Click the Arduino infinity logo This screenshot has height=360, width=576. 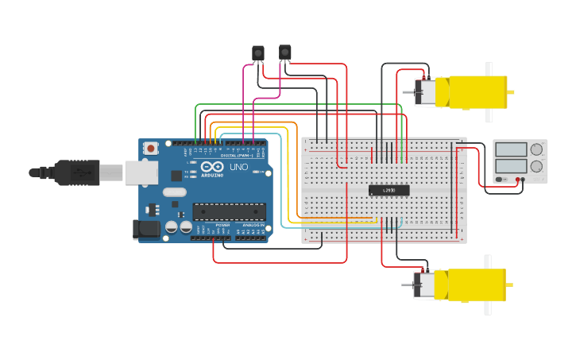[x=211, y=168]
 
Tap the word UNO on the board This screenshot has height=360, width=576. [x=238, y=168]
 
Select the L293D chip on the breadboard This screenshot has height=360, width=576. [x=389, y=190]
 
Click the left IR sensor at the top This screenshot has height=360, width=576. [x=257, y=53]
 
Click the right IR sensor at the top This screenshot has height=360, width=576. [x=284, y=52]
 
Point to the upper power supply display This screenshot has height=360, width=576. [x=512, y=149]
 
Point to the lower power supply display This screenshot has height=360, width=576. [x=512, y=166]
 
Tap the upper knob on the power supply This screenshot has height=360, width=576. [x=537, y=149]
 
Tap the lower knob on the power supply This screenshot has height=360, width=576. [x=537, y=167]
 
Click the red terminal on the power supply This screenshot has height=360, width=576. [x=517, y=180]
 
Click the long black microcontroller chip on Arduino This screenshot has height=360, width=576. [x=229, y=211]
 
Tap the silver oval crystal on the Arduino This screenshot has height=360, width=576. [x=173, y=192]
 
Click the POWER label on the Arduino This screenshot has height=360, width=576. [x=222, y=225]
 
